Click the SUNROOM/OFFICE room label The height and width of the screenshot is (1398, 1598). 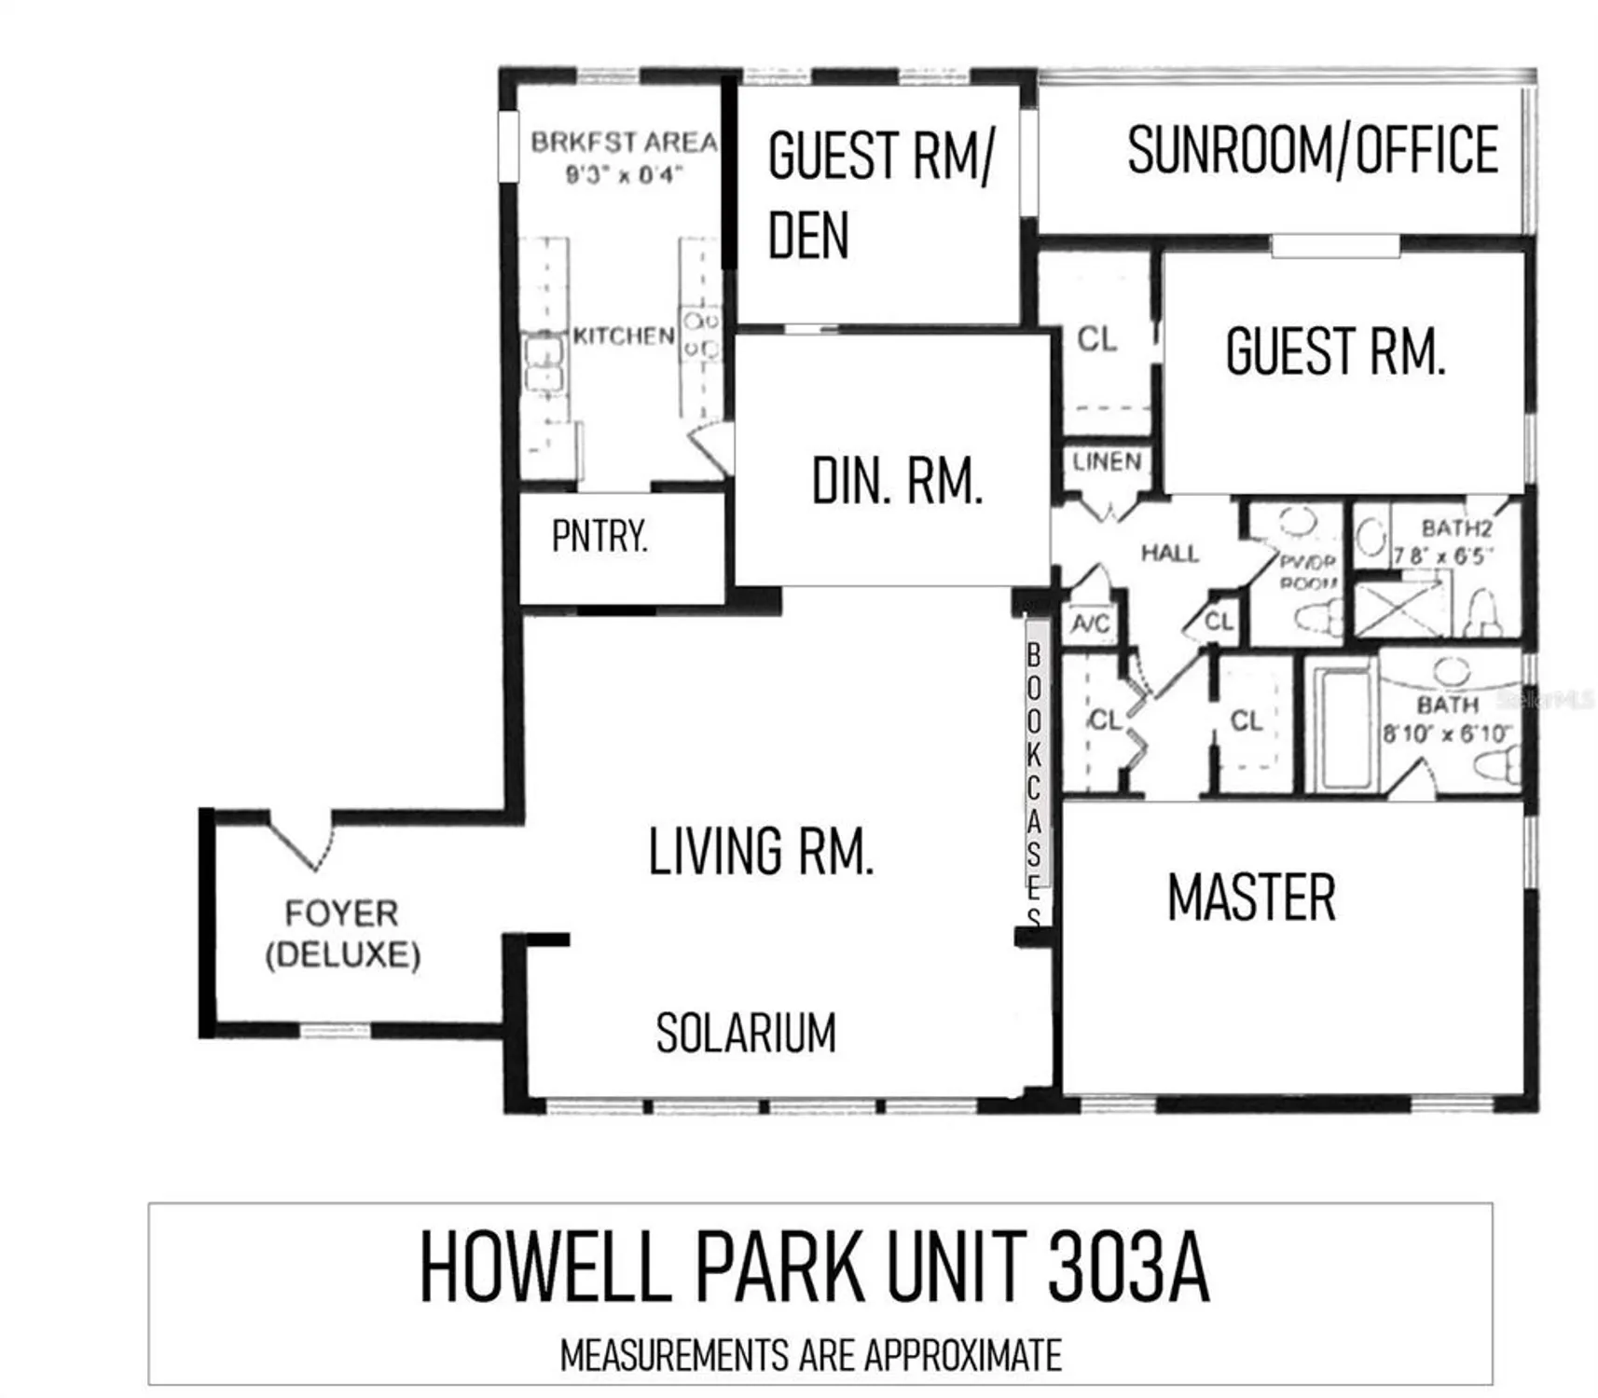click(x=1312, y=150)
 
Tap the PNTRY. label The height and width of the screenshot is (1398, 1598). click(x=599, y=536)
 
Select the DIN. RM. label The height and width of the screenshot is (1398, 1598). click(x=897, y=482)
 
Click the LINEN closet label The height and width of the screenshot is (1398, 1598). click(x=1107, y=461)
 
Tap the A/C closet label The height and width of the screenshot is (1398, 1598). click(x=1090, y=622)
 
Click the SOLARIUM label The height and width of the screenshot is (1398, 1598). click(x=746, y=1033)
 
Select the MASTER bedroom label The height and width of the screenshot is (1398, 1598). click(x=1251, y=898)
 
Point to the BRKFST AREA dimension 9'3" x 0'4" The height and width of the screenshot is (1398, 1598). click(x=624, y=174)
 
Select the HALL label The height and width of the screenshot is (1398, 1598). click(x=1169, y=554)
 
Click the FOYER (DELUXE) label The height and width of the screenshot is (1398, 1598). click(x=342, y=934)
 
